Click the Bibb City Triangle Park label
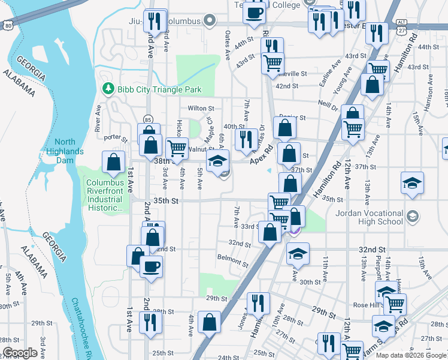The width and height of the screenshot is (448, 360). coord(159,90)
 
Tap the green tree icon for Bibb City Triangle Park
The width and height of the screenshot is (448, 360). coord(108,89)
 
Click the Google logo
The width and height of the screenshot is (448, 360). coord(20,353)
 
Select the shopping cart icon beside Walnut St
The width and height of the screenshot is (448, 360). coord(176,148)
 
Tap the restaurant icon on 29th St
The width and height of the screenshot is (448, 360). coord(259,303)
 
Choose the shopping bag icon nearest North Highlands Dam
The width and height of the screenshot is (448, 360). coord(113,162)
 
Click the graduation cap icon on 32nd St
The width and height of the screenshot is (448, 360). coord(297,253)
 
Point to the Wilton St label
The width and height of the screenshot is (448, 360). coord(201,109)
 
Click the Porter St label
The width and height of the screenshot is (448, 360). coord(116,138)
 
